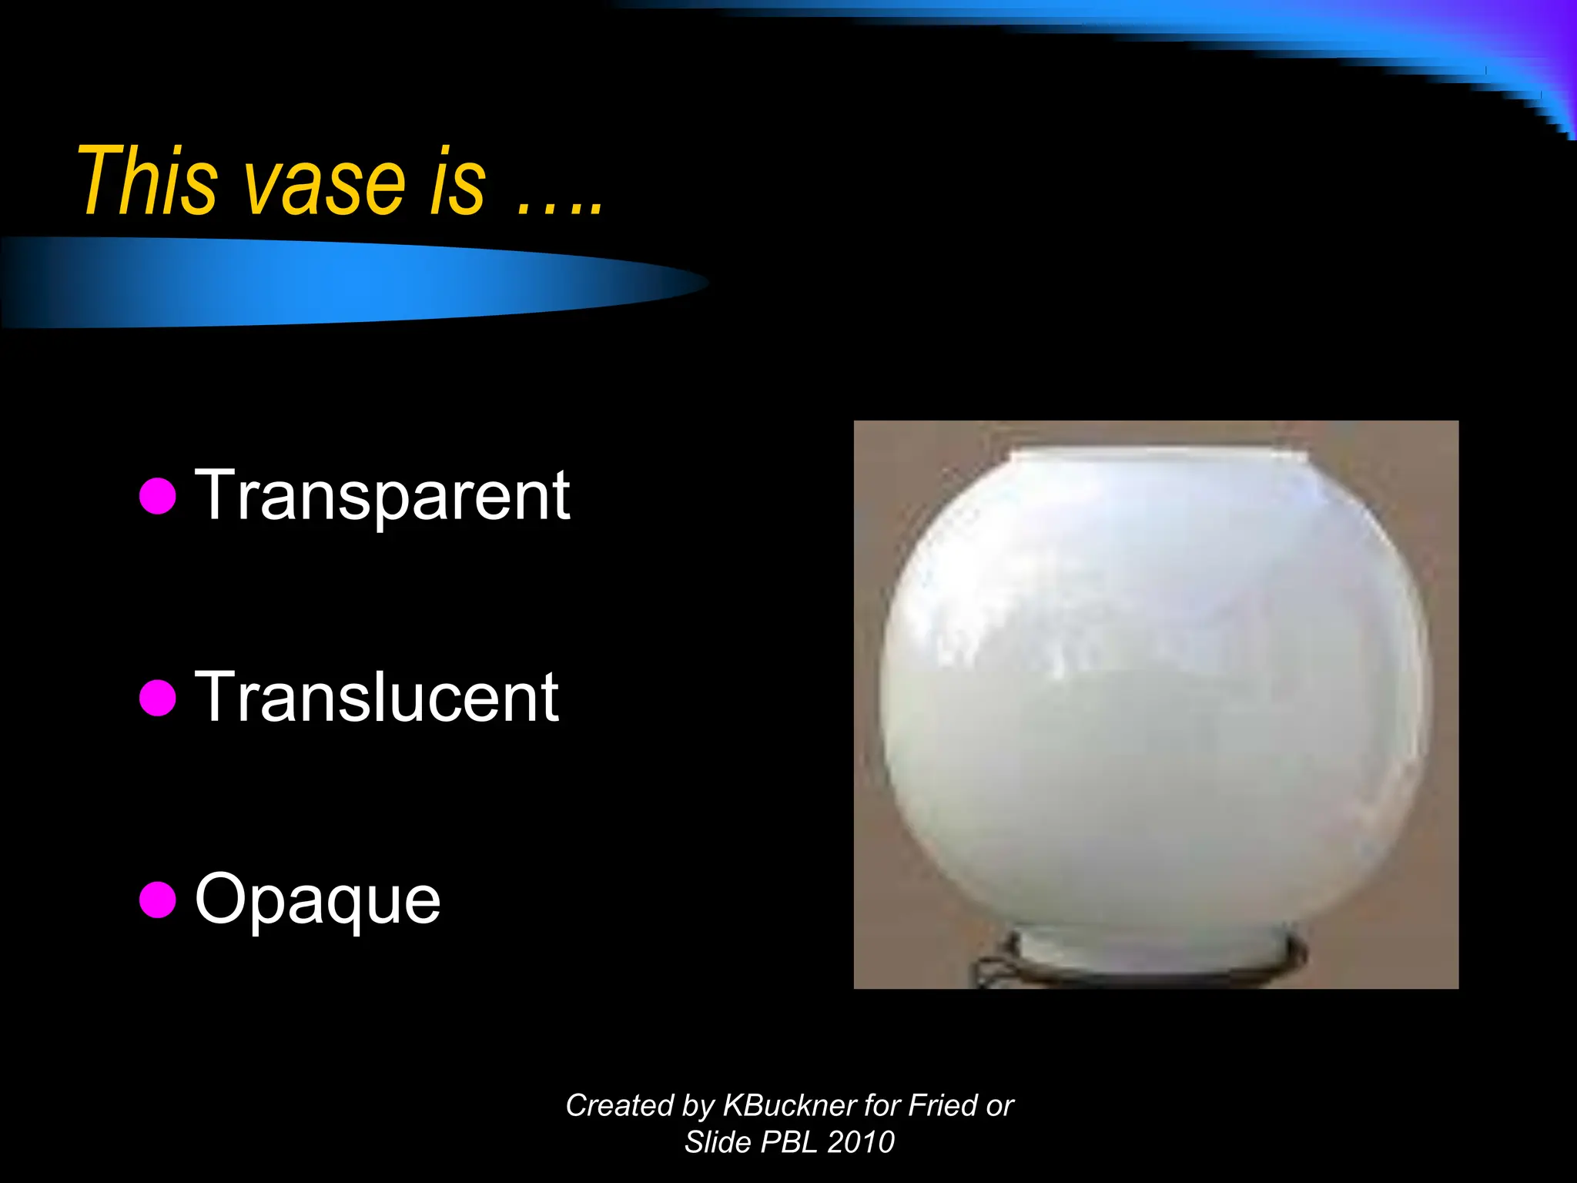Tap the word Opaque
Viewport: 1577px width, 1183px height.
point(317,899)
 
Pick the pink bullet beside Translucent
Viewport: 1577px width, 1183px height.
point(158,698)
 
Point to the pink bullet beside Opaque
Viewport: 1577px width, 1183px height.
point(158,900)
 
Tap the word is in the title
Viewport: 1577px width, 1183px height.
point(457,183)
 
